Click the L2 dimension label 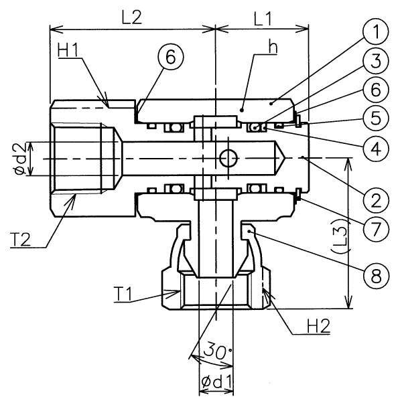[131, 17]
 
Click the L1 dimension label [263, 19]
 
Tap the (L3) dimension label [339, 236]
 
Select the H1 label [68, 50]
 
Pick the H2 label [318, 326]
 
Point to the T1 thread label [123, 294]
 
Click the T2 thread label [20, 239]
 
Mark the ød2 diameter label [21, 159]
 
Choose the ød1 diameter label [216, 382]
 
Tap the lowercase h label [273, 48]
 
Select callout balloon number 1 [375, 31]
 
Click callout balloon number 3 [375, 61]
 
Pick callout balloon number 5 [375, 119]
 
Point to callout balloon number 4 [375, 149]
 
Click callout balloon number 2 [375, 199]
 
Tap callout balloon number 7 [375, 229]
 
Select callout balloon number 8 [375, 276]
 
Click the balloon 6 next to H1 [171, 57]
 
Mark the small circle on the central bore [228, 159]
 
